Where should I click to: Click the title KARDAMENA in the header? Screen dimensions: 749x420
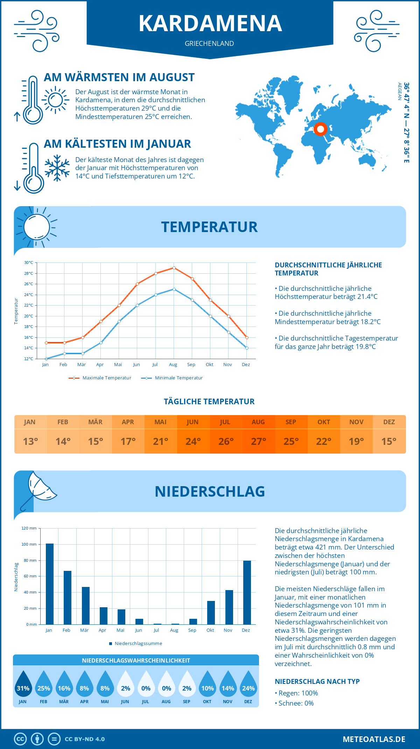click(x=210, y=23)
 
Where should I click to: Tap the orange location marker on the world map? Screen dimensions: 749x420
click(x=320, y=129)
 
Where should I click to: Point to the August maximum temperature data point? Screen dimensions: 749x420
click(x=174, y=268)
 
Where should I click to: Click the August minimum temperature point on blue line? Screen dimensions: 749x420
click(x=174, y=289)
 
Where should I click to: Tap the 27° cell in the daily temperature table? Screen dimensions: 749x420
click(x=258, y=441)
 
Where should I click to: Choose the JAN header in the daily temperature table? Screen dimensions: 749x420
click(x=30, y=422)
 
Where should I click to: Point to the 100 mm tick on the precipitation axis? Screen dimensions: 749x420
click(x=29, y=544)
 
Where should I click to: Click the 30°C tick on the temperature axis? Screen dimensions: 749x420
click(x=29, y=262)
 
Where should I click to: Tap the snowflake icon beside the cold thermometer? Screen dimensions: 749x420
click(x=57, y=168)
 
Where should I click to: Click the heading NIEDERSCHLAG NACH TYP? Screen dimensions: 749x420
click(x=317, y=681)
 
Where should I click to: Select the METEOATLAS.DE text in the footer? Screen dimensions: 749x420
click(x=374, y=739)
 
